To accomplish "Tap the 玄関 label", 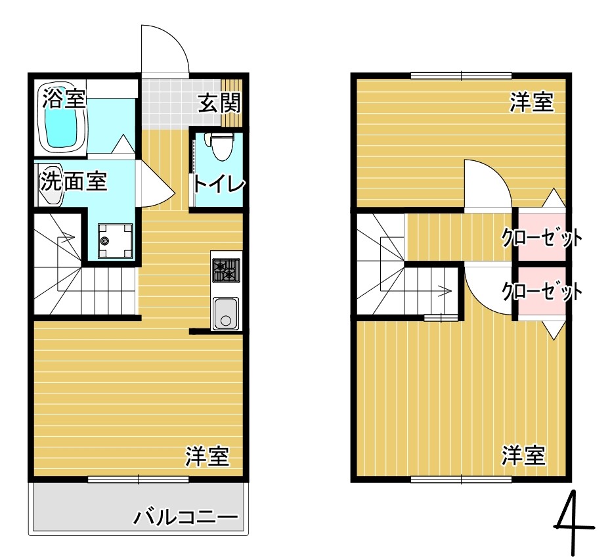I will (219, 102).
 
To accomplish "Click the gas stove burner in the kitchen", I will (226, 269).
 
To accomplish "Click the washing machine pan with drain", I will (115, 241).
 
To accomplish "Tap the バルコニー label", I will (186, 518).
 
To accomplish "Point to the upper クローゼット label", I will (542, 237).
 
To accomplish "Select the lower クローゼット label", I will (542, 290).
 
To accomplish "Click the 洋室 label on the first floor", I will (207, 456).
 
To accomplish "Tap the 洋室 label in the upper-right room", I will (532, 102).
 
